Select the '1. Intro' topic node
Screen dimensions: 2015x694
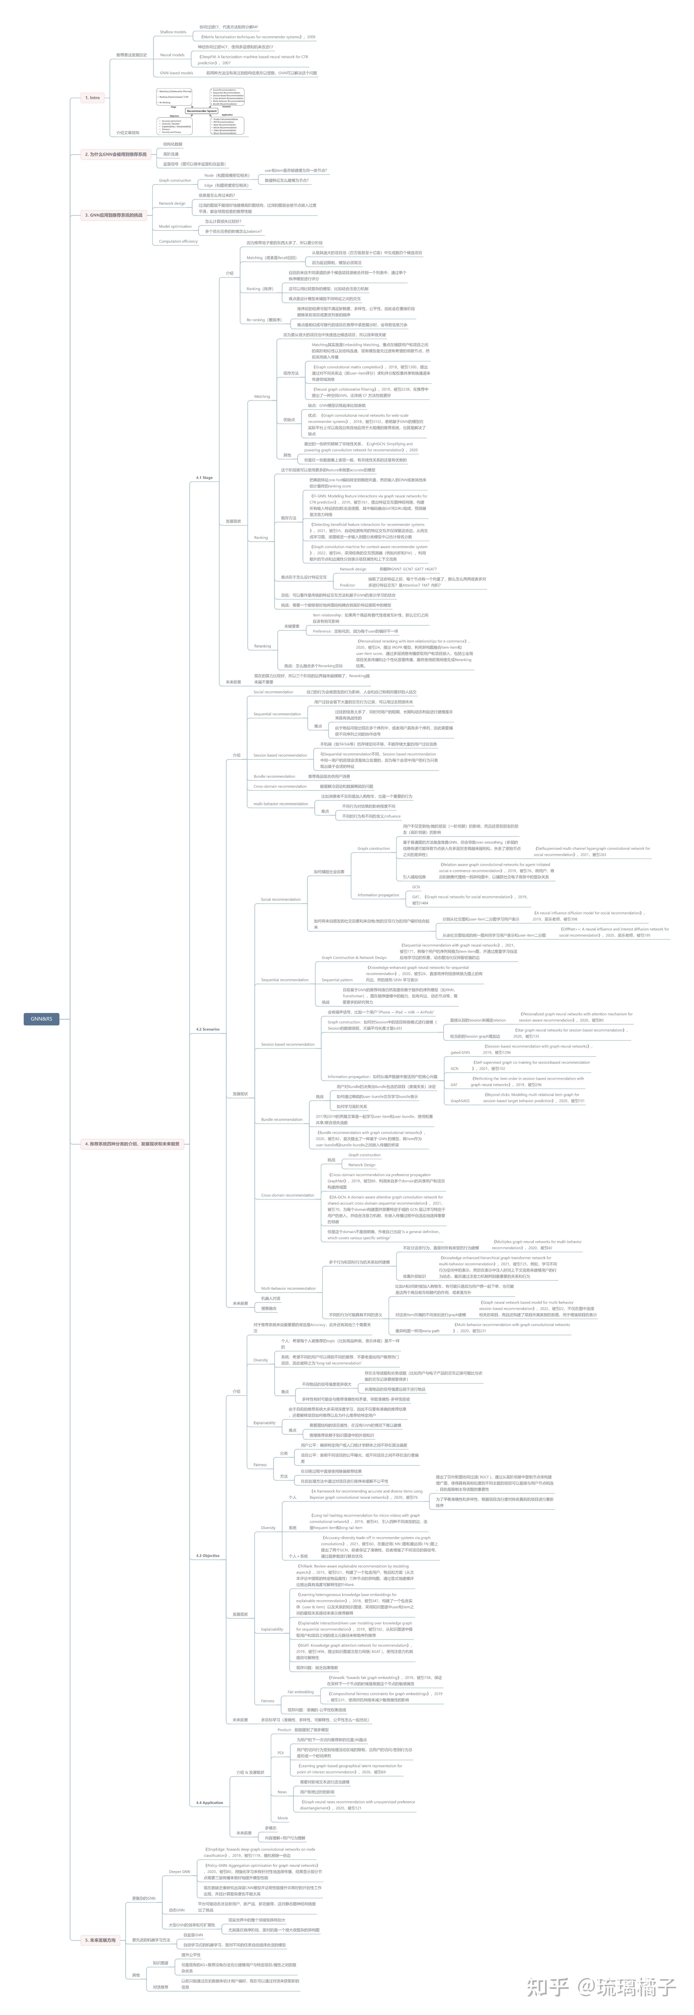92,98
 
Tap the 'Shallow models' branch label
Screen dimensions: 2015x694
173,32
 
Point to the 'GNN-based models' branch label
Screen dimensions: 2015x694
176,73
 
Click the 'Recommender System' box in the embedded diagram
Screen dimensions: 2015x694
202,111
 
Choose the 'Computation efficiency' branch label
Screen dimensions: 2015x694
178,242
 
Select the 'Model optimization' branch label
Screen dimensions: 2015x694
175,226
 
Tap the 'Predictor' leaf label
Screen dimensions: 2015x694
347,585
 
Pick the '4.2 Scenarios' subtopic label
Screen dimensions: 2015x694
207,1029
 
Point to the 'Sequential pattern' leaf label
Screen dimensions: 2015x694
337,980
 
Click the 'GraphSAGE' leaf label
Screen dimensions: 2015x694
460,1100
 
